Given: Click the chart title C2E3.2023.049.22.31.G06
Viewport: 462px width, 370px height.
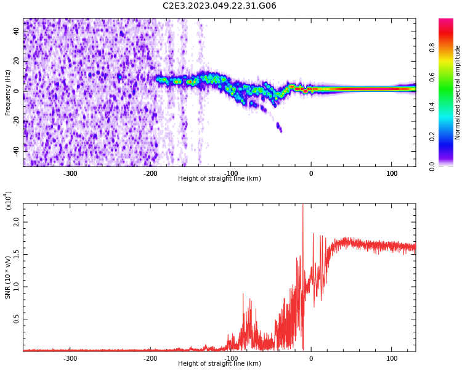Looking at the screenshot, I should [219, 6].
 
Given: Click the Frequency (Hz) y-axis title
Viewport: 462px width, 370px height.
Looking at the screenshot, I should [8, 92].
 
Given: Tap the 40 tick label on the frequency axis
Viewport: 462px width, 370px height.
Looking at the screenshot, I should [17, 31].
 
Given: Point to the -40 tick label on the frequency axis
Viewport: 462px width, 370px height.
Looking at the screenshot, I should [15, 150].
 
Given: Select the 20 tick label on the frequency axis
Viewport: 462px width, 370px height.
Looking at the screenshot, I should [17, 61].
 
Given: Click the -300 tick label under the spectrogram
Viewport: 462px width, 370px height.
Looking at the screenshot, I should [70, 173].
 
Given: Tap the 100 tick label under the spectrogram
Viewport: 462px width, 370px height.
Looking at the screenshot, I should [392, 173].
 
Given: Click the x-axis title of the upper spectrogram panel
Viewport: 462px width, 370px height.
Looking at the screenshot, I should [219, 179].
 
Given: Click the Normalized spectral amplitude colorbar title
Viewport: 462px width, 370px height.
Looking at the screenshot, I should [458, 92].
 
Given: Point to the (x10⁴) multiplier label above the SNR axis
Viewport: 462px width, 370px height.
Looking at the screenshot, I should [8, 200].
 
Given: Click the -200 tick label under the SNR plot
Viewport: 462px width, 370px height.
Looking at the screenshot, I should [150, 358].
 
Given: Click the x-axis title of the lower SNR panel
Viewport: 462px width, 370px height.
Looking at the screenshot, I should [219, 364].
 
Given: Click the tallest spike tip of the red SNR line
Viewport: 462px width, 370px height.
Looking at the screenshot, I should [302, 205].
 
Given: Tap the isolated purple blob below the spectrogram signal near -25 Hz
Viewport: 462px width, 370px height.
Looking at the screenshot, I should [279, 128].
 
